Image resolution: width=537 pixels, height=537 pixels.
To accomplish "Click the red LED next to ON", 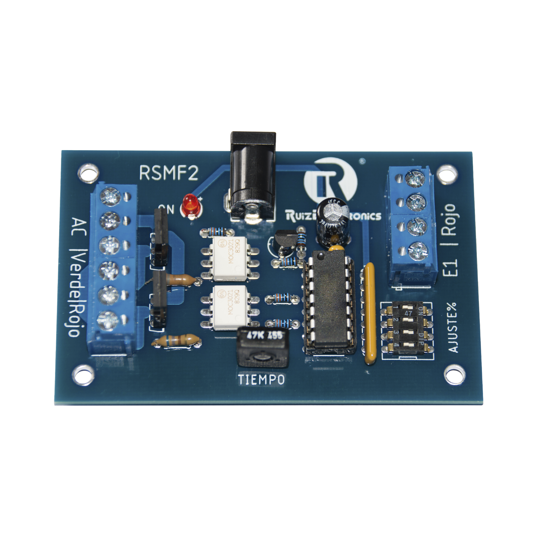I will [189, 206].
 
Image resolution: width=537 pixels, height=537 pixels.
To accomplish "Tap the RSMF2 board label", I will [169, 173].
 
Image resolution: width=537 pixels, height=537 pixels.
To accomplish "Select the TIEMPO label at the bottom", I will [261, 379].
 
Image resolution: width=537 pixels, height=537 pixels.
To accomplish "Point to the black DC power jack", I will [253, 178].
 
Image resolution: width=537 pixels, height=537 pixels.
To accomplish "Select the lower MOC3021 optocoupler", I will [230, 307].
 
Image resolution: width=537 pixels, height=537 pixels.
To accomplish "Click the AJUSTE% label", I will [452, 328].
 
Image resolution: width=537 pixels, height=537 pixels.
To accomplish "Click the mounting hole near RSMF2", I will [88, 173].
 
